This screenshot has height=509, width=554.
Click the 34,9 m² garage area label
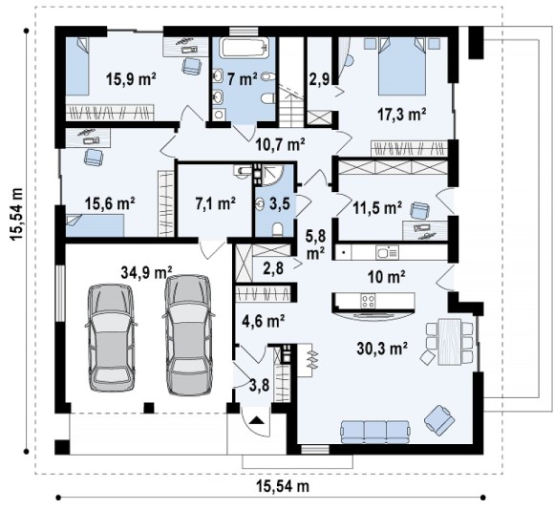point(146,272)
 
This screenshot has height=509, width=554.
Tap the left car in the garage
point(111,338)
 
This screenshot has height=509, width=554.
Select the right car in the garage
point(188,335)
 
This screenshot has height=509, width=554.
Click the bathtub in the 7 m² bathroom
point(243,48)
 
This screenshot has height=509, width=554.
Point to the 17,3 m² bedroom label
point(402,115)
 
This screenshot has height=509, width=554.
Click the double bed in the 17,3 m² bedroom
point(402,66)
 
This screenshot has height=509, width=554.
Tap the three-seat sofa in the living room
point(374,432)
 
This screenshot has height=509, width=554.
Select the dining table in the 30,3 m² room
point(450,342)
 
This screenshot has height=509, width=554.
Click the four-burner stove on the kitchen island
point(368,301)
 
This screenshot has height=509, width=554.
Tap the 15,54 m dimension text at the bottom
point(283,486)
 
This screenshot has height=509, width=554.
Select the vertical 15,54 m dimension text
point(17,215)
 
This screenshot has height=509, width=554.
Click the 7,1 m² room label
point(216,203)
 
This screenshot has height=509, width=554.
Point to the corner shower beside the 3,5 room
point(272,175)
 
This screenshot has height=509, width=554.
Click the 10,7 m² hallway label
point(281,144)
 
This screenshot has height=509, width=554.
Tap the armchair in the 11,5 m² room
point(419,211)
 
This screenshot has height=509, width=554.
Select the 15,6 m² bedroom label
point(110,203)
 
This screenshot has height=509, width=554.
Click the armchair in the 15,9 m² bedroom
point(191,66)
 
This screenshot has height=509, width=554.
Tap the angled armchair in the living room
point(439,420)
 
